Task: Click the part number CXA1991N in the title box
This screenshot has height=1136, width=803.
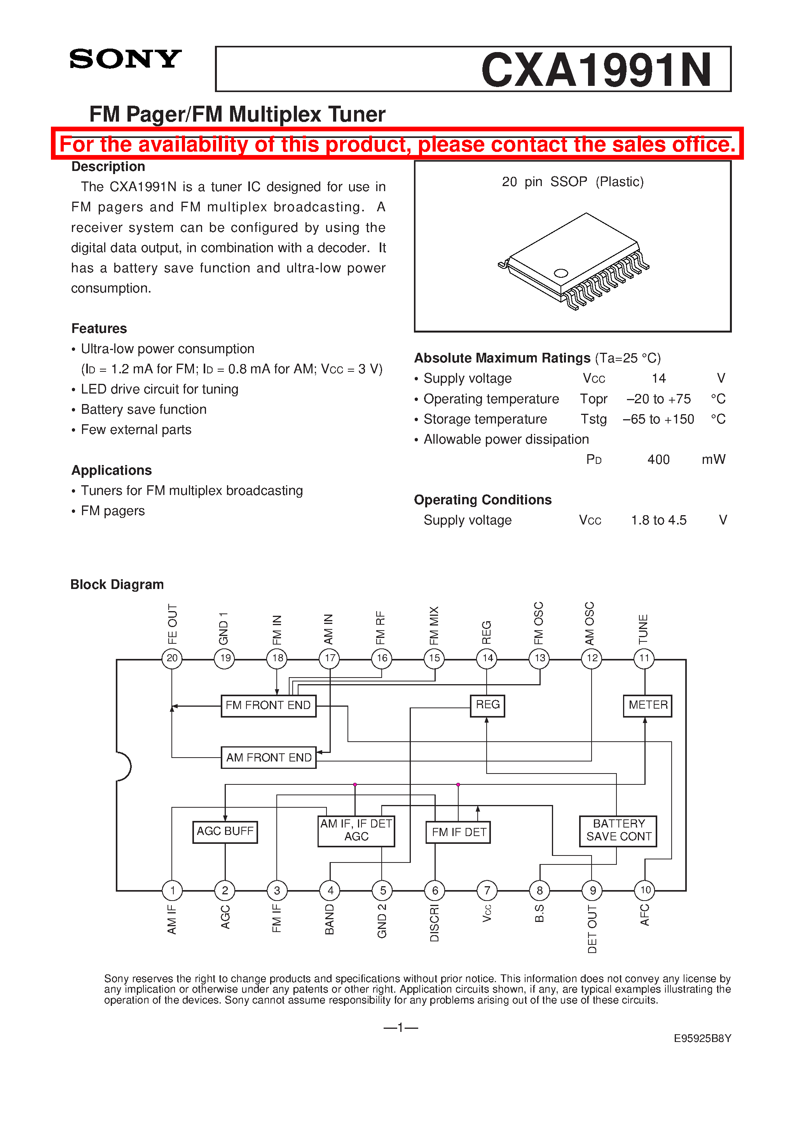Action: pos(596,70)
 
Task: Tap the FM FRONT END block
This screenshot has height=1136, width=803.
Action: pos(268,705)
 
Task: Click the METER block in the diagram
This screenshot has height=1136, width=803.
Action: pos(648,705)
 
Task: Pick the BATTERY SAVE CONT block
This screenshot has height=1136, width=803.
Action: pos(618,831)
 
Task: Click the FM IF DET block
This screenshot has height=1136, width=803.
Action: pos(458,832)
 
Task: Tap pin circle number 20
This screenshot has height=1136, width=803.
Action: pos(172,658)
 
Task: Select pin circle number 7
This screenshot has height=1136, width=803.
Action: pos(487,890)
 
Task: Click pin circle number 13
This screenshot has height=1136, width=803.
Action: pos(539,658)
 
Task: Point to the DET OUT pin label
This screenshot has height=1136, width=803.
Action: pos(592,929)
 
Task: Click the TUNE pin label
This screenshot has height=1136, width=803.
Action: pos(644,629)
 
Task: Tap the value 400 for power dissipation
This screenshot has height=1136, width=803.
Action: pos(658,460)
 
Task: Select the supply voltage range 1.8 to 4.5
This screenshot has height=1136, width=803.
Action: pos(658,520)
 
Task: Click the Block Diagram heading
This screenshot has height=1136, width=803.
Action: pos(117,584)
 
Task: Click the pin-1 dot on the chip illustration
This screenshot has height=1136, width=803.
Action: pos(561,273)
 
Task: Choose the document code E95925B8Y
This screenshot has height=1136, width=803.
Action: pos(702,1038)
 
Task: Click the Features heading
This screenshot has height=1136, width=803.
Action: pos(99,329)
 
